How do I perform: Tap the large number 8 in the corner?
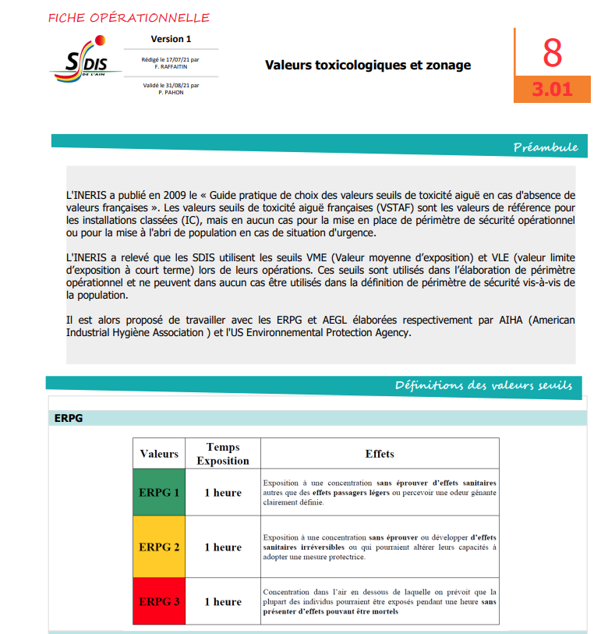[x=552, y=53]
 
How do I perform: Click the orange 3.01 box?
[x=552, y=89]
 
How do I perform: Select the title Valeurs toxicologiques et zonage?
[x=368, y=65]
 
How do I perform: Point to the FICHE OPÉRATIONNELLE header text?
[x=129, y=18]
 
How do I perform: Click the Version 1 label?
[x=171, y=39]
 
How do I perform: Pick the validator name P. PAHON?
[x=171, y=92]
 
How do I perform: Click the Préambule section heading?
[x=545, y=147]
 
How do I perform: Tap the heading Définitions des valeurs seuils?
[x=483, y=385]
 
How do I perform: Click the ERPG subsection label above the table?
[x=69, y=418]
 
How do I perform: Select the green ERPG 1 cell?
[x=159, y=493]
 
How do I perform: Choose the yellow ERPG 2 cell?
[x=159, y=547]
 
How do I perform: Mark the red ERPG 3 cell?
[x=159, y=602]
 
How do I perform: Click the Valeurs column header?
[x=159, y=454]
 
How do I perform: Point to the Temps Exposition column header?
[x=223, y=454]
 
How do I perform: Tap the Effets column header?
[x=380, y=454]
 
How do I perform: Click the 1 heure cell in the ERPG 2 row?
[x=223, y=547]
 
